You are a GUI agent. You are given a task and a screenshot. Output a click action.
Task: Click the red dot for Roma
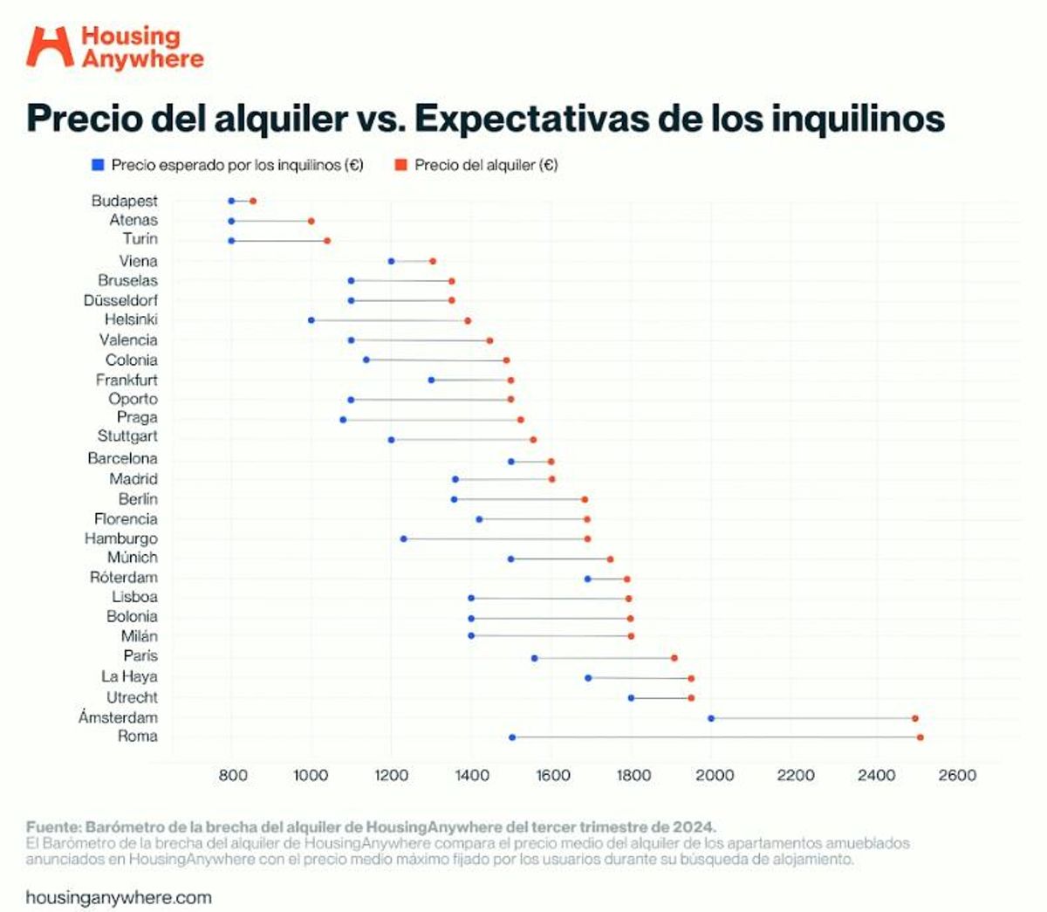[x=920, y=737]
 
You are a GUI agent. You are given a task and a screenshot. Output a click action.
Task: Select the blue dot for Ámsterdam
[x=711, y=718]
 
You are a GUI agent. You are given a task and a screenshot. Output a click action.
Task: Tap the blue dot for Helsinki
[x=311, y=320]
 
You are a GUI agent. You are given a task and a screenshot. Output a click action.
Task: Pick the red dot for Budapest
[x=253, y=201]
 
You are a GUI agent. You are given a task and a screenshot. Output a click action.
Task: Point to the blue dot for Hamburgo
[x=403, y=538]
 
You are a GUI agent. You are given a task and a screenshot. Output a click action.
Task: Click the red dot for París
[x=674, y=658]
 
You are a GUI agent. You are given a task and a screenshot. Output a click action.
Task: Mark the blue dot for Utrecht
[x=632, y=697]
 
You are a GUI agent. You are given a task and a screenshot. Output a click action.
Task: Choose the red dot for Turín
[x=327, y=240]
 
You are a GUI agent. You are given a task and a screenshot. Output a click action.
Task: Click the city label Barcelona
[x=122, y=458]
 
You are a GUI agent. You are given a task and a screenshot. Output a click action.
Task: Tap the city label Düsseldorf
[x=120, y=300]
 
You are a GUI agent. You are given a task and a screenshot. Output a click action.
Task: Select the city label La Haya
[x=129, y=676]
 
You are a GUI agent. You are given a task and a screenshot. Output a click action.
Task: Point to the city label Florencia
[x=126, y=518]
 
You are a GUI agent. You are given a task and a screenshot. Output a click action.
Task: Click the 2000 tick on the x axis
[x=715, y=775]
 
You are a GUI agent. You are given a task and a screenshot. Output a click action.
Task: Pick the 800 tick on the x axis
[x=232, y=775]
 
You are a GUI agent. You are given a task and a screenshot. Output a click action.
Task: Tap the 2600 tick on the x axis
[x=957, y=775]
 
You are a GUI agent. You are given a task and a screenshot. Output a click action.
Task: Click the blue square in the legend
[x=98, y=165]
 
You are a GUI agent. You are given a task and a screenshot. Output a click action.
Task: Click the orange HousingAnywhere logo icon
[x=50, y=46]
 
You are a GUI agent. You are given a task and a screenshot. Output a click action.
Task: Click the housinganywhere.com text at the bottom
[x=119, y=897]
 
